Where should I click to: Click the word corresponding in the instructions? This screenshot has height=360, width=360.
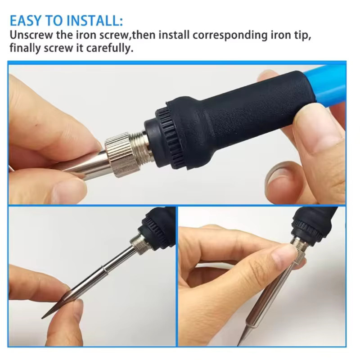[230, 36]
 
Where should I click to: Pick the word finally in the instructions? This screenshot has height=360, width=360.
[25, 49]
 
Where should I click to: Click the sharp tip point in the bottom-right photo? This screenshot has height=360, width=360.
[238, 344]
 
